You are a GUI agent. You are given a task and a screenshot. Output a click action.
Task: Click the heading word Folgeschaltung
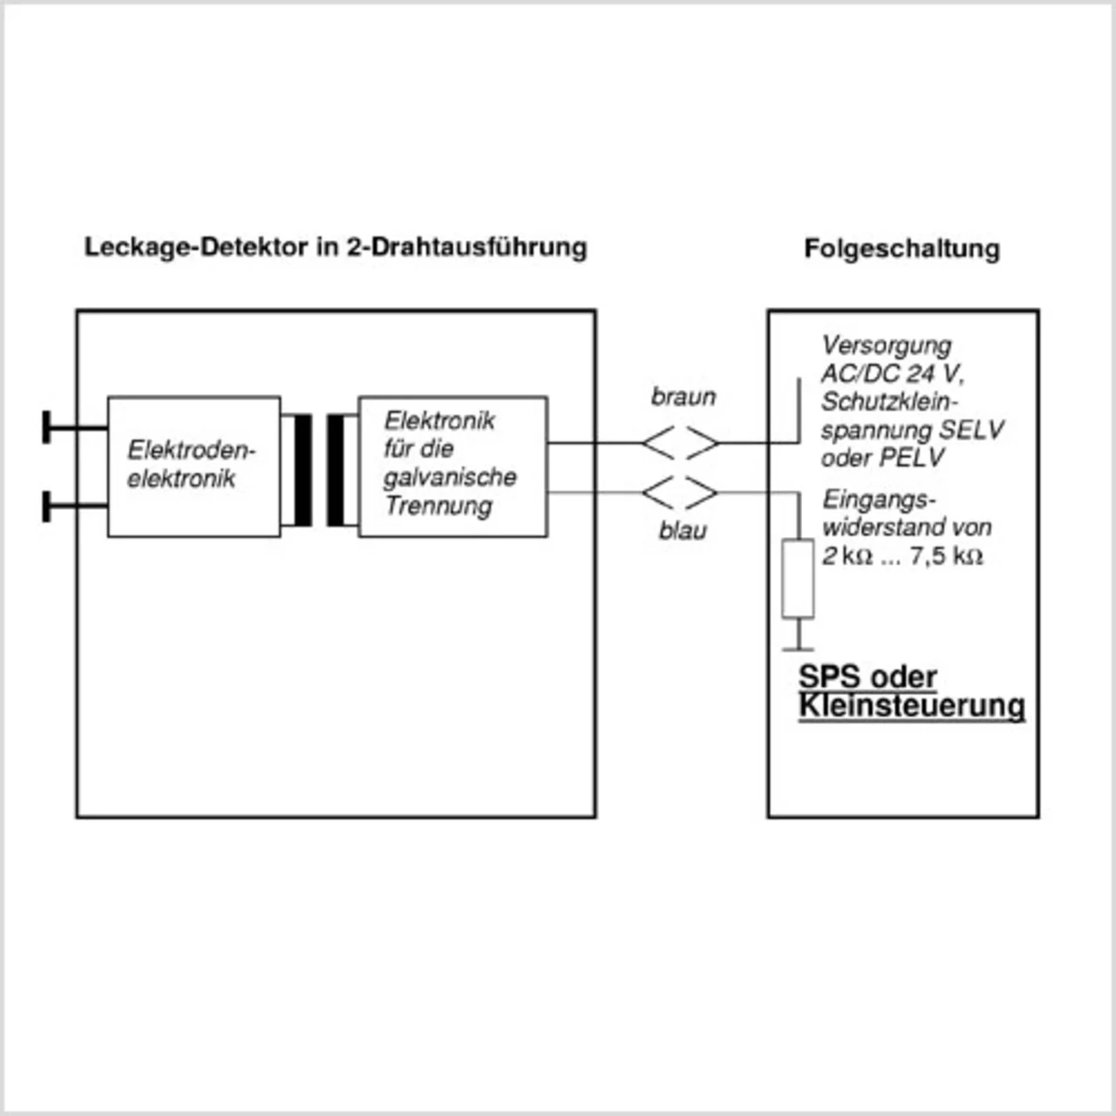point(902,248)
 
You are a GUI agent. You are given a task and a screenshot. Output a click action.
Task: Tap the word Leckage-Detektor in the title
point(196,247)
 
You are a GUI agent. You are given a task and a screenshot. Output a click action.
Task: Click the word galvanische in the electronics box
point(450,477)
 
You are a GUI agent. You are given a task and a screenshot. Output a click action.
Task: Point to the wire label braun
point(683,397)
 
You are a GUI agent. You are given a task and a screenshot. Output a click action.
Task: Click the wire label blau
point(683,530)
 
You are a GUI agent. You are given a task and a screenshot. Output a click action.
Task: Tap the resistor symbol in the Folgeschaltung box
point(797,579)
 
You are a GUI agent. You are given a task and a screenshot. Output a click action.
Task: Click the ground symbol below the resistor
point(797,647)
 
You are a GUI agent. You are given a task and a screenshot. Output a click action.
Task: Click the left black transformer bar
point(303,470)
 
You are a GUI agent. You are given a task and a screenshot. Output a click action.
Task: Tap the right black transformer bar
point(336,470)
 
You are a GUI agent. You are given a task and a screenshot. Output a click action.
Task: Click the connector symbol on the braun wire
point(681,443)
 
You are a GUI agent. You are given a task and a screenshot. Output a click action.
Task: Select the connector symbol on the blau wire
point(681,493)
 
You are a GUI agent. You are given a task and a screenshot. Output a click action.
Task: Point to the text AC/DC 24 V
point(891,373)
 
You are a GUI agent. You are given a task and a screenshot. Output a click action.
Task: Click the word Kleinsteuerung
point(911,705)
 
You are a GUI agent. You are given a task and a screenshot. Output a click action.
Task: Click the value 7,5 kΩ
point(946,555)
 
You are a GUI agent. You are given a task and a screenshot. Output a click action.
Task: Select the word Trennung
point(439,506)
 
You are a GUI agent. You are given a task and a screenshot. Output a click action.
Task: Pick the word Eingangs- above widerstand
point(878,500)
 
